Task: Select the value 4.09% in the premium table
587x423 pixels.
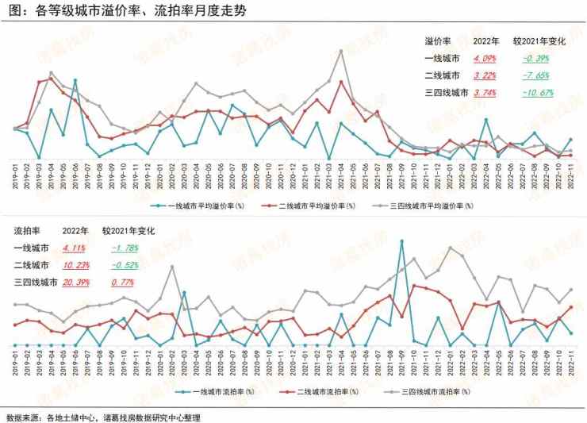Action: coord(485,58)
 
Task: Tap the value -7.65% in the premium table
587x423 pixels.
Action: coord(536,75)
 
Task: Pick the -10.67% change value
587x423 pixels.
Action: coord(538,93)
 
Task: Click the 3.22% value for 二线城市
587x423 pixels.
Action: coord(485,75)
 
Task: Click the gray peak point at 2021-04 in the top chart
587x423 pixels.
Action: coord(341,51)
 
